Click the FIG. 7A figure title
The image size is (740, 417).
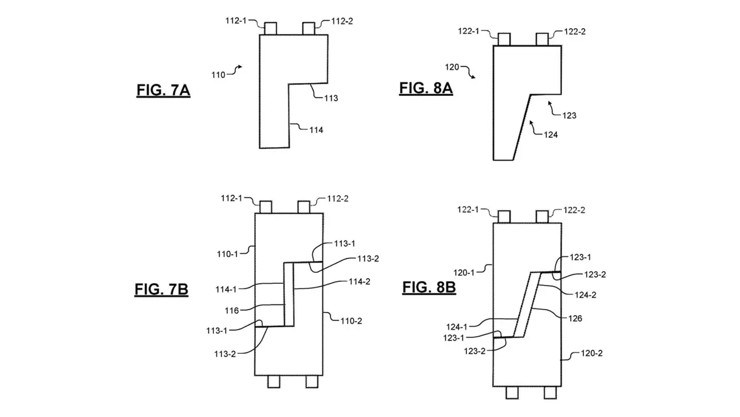pos(163,91)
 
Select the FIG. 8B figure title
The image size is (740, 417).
pos(429,287)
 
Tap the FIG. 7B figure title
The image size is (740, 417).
pos(161,289)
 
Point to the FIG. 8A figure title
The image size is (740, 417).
pos(426,88)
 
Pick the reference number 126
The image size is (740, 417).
pos(575,318)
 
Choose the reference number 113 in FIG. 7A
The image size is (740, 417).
pos(330,98)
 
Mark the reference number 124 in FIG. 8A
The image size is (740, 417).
pos(550,135)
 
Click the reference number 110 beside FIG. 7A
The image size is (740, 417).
pos(219,75)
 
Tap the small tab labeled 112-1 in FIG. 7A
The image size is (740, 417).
pos(270,28)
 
